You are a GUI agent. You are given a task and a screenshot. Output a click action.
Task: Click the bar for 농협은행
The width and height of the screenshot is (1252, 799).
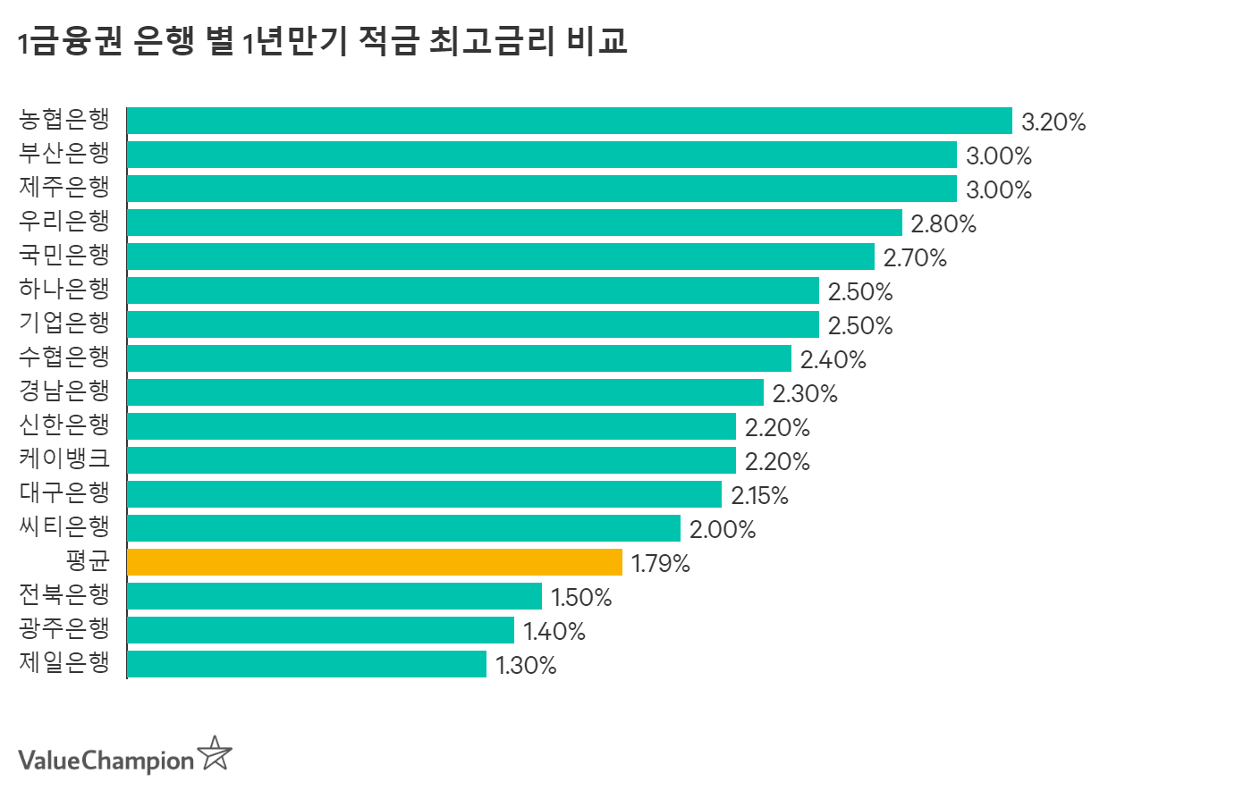point(569,121)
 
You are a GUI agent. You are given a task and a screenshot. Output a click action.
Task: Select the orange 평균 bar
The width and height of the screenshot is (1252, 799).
point(375,562)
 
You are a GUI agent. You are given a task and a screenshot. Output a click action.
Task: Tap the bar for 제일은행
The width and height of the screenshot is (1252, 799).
point(307,664)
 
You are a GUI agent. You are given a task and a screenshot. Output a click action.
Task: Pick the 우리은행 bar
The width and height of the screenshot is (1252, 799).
point(514,223)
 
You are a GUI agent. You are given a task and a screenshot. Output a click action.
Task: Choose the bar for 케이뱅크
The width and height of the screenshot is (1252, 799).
point(431,460)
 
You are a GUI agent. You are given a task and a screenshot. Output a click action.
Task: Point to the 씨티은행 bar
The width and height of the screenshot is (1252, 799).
point(403,528)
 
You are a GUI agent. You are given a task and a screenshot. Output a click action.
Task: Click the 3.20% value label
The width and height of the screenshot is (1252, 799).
point(1053,122)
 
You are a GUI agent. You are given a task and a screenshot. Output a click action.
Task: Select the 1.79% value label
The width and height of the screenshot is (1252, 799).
point(661,563)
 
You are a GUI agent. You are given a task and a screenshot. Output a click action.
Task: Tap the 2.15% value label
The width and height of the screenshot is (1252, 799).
point(759,495)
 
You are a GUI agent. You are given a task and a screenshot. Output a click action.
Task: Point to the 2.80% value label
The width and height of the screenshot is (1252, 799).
point(943,223)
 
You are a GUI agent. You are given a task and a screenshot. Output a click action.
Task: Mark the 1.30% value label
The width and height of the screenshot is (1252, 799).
point(526,665)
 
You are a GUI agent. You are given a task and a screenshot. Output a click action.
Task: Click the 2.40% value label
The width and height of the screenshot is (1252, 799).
point(833,359)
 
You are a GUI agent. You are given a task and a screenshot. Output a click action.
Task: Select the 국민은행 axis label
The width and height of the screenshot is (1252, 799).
point(64,256)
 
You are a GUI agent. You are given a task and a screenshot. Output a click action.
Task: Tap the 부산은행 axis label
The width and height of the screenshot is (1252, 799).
point(64,154)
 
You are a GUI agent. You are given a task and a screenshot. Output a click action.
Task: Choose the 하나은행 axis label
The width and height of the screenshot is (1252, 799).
point(64,290)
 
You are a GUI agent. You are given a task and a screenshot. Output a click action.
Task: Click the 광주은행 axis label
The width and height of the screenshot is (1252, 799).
point(64,629)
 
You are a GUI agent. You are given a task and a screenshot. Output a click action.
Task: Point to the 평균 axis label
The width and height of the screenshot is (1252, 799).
point(88,561)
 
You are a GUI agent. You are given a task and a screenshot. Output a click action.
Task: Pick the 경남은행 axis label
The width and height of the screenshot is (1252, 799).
point(64,391)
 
